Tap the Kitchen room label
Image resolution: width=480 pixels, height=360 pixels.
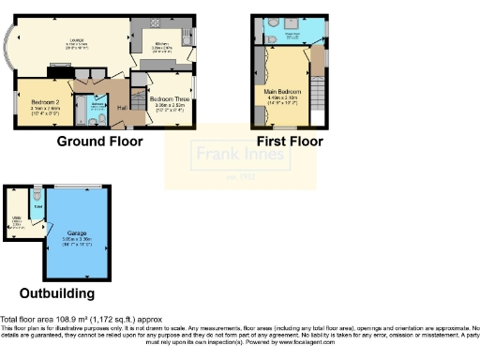coord(161,43)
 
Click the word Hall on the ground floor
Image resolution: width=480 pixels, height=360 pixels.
coord(123,109)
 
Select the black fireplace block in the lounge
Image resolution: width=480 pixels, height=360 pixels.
coord(56,68)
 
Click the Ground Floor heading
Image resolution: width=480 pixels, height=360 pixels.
coord(99,142)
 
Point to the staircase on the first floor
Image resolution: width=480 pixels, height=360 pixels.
coord(318,94)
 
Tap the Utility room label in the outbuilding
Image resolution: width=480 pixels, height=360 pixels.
coord(16,222)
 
